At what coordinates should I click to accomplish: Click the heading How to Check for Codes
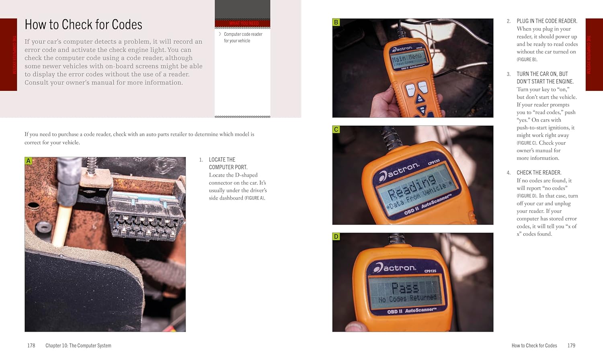click(83, 25)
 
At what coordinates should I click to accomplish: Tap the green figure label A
click(28, 161)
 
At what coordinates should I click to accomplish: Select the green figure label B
click(336, 22)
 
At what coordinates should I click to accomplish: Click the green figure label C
click(336, 129)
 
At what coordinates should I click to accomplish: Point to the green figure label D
click(336, 237)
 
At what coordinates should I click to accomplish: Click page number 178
click(31, 346)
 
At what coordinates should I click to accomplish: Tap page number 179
click(571, 346)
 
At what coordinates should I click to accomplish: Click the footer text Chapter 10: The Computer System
click(78, 346)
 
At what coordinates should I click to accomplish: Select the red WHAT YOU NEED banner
click(242, 23)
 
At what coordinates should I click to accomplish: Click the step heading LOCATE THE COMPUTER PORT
click(228, 163)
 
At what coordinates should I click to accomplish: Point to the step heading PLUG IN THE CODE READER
click(547, 21)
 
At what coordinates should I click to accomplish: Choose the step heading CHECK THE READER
click(539, 173)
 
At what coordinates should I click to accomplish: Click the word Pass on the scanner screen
click(405, 288)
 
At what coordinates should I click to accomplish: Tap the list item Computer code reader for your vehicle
click(243, 37)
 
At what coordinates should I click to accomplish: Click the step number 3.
click(509, 74)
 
